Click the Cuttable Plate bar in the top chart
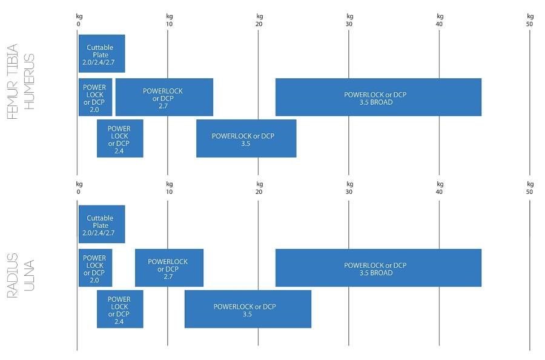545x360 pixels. [101, 54]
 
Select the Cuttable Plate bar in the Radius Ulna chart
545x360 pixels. [101, 224]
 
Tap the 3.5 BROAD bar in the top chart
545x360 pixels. [378, 97]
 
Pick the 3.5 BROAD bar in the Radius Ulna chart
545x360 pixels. [378, 267]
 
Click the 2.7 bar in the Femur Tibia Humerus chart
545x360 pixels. [163, 97]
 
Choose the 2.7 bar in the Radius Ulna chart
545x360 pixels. [168, 267]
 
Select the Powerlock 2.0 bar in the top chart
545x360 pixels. [95, 97]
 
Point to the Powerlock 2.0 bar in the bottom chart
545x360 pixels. [95, 267]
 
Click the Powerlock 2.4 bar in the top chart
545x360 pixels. [120, 138]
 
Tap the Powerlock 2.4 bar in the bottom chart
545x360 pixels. [120, 309]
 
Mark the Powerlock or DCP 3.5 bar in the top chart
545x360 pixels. [246, 138]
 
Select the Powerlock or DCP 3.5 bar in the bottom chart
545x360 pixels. [248, 309]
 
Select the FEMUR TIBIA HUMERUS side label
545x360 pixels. [22, 82]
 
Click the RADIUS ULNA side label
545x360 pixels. [22, 278]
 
